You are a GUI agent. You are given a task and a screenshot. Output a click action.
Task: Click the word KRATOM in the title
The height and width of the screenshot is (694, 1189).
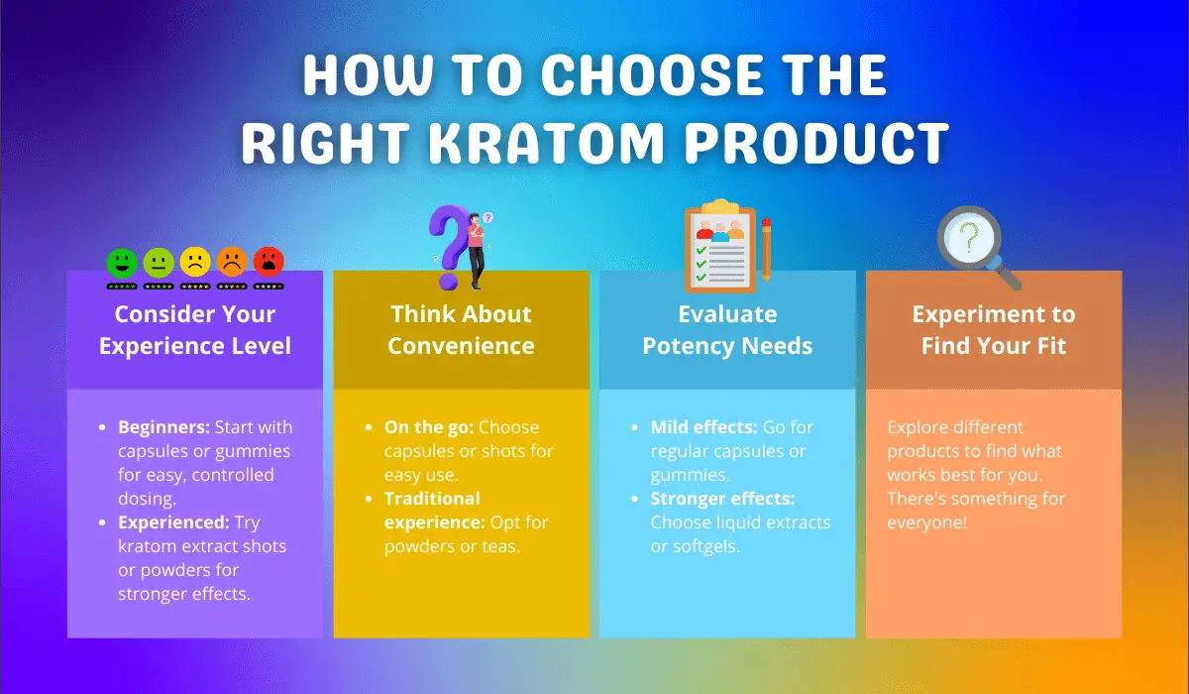tap(546, 143)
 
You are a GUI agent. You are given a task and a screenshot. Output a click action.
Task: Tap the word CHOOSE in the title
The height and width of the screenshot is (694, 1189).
tap(652, 74)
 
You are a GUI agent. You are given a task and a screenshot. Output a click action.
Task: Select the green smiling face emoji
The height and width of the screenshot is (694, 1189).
tap(122, 263)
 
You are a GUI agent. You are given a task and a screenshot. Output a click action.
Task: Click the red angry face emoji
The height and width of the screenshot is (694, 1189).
tap(269, 262)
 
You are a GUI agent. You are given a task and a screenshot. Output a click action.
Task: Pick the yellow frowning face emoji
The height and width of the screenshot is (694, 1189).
tap(195, 262)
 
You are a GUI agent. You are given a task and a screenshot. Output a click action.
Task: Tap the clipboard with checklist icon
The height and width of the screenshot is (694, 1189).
tap(720, 247)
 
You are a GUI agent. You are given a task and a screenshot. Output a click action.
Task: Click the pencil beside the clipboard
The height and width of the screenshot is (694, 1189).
tap(766, 249)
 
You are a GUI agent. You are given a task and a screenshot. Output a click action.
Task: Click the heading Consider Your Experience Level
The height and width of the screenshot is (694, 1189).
tap(195, 330)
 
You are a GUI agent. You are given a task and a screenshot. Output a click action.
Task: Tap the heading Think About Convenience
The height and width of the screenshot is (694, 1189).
tap(461, 330)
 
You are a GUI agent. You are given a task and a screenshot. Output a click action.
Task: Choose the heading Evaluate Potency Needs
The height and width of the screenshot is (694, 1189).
tap(727, 330)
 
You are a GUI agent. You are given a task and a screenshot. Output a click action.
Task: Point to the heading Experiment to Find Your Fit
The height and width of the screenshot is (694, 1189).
tap(994, 330)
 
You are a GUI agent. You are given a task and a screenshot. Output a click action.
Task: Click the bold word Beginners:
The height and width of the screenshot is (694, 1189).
tap(164, 427)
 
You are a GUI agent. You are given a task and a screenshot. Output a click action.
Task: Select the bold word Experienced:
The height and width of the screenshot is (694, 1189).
tap(173, 522)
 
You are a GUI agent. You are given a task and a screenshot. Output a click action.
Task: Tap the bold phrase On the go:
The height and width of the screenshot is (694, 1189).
tap(429, 427)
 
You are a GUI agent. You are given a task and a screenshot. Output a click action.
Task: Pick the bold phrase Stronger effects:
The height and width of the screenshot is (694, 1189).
tap(722, 499)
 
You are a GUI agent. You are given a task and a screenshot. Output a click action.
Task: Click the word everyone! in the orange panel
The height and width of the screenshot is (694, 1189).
tap(926, 522)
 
